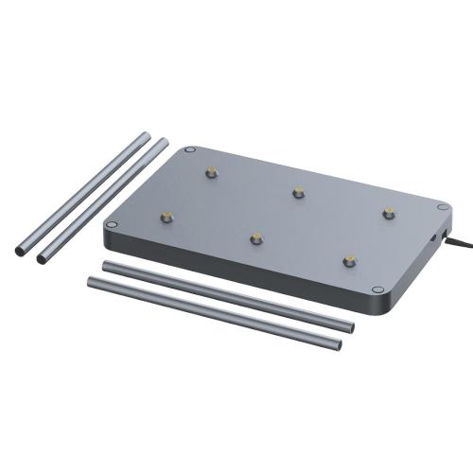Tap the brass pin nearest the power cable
388,212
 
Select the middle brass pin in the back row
299,191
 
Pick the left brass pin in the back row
210,172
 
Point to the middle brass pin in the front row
255,236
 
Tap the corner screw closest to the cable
443,206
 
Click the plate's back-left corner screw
190,149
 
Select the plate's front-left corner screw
112,224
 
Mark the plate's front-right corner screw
377,289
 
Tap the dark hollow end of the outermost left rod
20,252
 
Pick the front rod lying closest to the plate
227,294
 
